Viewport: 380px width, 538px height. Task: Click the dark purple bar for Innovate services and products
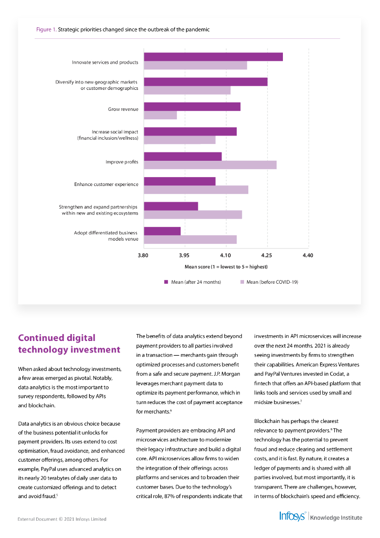pyautogui.click(x=213, y=57)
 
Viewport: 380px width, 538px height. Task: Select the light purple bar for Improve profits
pyautogui.click(x=210, y=165)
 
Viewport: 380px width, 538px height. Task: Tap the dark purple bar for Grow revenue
pyautogui.click(x=192, y=107)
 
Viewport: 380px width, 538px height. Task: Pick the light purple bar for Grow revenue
pyautogui.click(x=160, y=115)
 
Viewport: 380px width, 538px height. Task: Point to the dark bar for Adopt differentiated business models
pyautogui.click(x=162, y=231)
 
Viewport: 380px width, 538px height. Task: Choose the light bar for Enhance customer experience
pyautogui.click(x=196, y=190)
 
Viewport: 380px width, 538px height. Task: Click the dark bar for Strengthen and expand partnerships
pyautogui.click(x=171, y=206)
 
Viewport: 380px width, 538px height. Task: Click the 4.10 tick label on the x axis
pyautogui.click(x=226, y=255)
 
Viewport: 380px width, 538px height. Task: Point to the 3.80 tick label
pyautogui.click(x=143, y=255)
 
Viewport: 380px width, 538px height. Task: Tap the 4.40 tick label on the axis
pyautogui.click(x=308, y=255)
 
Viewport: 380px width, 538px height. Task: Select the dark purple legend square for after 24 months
pyautogui.click(x=166, y=282)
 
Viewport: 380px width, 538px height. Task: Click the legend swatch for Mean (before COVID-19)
pyautogui.click(x=242, y=282)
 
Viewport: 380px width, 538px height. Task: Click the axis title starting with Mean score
pyautogui.click(x=226, y=267)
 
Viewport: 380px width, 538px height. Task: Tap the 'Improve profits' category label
pyautogui.click(x=122, y=162)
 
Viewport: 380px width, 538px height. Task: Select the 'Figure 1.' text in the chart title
pyautogui.click(x=46, y=29)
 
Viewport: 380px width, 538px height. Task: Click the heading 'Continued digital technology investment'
pyautogui.click(x=69, y=344)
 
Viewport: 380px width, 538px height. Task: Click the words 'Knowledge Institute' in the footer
pyautogui.click(x=336, y=518)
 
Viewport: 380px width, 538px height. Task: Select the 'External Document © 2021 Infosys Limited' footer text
pyautogui.click(x=62, y=519)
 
